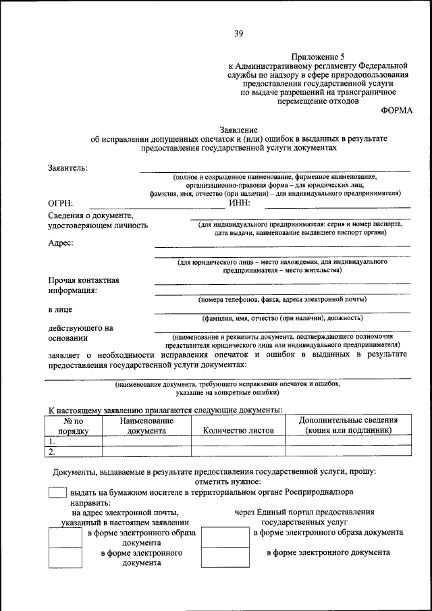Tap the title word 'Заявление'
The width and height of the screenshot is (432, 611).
point(239,128)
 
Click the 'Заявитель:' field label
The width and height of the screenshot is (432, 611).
point(67,167)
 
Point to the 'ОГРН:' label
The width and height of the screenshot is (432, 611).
point(61,203)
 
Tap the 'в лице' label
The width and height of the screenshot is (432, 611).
point(60,309)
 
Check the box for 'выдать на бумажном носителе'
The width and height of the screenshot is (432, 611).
point(57,493)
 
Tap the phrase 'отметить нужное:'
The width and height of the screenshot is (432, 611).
point(227,481)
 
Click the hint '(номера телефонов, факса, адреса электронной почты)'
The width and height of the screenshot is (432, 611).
point(282,298)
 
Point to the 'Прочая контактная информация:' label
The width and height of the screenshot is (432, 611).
point(83,285)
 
